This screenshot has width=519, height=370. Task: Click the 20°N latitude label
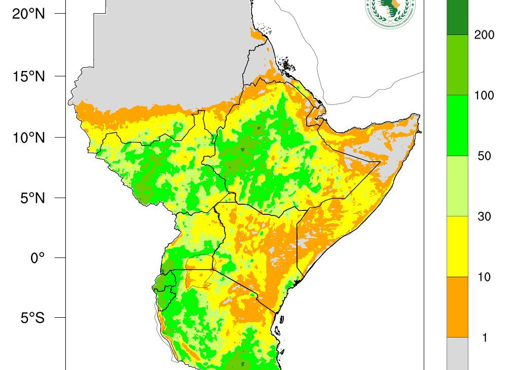pyautogui.click(x=28, y=14)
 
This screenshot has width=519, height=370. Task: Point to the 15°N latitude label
pyautogui.click(x=28, y=77)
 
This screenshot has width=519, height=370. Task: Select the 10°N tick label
pyautogui.click(x=28, y=137)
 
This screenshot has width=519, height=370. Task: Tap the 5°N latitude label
pyautogui.click(x=31, y=198)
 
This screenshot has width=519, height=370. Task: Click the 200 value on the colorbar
pyautogui.click(x=484, y=35)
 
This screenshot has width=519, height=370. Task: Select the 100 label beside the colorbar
pyautogui.click(x=484, y=96)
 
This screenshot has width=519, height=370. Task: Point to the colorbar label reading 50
pyautogui.click(x=484, y=156)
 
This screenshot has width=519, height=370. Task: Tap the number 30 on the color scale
pyautogui.click(x=484, y=217)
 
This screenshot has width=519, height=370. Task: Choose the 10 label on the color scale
pyautogui.click(x=484, y=277)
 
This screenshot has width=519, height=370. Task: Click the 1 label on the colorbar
pyautogui.click(x=485, y=338)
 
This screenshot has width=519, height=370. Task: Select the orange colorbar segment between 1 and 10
pyautogui.click(x=457, y=307)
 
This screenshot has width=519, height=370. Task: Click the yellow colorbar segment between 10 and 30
pyautogui.click(x=457, y=246)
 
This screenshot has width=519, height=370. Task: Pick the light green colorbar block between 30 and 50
pyautogui.click(x=457, y=186)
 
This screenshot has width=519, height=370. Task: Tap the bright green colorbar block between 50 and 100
pyautogui.click(x=457, y=125)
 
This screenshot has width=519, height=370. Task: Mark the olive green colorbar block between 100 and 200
pyautogui.click(x=457, y=65)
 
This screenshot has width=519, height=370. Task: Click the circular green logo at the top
pyautogui.click(x=389, y=11)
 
